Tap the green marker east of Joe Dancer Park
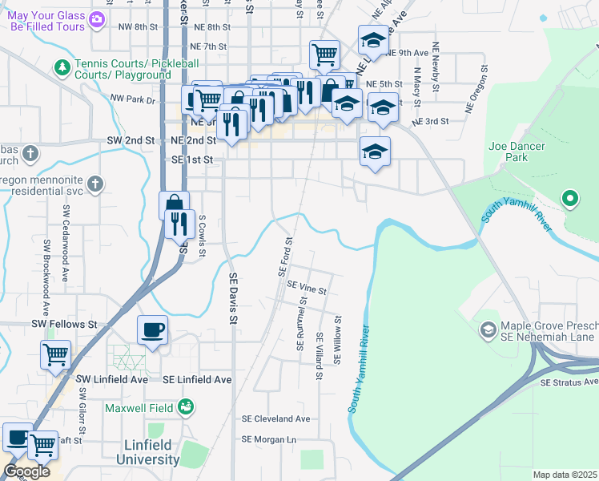[570, 196]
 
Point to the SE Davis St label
[234, 297]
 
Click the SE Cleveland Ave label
[275, 418]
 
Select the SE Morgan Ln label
[269, 439]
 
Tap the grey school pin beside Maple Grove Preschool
[488, 329]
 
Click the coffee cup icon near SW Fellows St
[152, 329]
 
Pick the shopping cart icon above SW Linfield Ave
[55, 353]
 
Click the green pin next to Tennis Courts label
[61, 66]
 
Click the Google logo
[26, 471]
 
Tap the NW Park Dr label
[132, 99]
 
